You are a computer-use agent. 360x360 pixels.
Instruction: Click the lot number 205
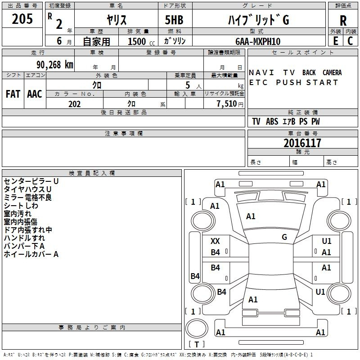(x=22, y=19)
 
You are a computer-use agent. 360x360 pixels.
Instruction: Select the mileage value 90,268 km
(x=55, y=65)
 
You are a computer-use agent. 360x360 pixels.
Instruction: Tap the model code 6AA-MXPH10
(x=258, y=41)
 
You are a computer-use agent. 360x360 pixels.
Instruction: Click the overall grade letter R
(x=343, y=21)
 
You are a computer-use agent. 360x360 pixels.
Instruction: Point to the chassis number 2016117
(x=302, y=143)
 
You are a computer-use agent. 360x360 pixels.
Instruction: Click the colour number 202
(x=74, y=104)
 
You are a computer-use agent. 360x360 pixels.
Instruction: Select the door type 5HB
(x=174, y=20)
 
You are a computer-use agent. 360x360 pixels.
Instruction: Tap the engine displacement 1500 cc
(x=141, y=41)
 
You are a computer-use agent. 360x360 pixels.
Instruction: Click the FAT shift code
(x=13, y=94)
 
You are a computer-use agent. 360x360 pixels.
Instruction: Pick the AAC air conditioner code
(x=35, y=94)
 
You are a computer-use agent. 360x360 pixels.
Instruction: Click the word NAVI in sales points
(x=261, y=72)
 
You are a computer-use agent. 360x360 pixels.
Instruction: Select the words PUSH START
(x=307, y=82)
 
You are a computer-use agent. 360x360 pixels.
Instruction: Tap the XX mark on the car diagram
(x=215, y=241)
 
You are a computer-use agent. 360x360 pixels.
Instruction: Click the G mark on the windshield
(x=284, y=237)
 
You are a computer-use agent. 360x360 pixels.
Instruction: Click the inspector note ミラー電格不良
(x=28, y=198)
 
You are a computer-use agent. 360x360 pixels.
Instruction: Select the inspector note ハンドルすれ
(x=24, y=238)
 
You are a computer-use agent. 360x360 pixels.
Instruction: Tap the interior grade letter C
(x=350, y=41)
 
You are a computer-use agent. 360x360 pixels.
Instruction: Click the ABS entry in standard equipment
(x=272, y=121)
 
